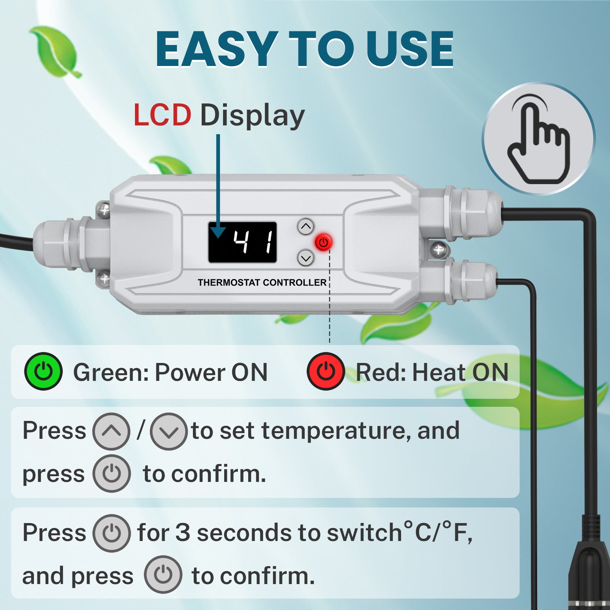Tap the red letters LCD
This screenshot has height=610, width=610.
tap(162, 115)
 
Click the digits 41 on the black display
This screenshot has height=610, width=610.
tap(254, 242)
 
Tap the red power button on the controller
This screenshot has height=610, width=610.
tap(323, 242)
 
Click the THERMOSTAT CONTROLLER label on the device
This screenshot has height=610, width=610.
tap(262, 283)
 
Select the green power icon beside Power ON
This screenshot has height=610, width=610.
tap(43, 371)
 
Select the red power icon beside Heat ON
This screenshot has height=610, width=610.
tap(326, 371)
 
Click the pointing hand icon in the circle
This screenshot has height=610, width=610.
tap(538, 139)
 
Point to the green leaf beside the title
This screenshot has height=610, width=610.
tap(56, 51)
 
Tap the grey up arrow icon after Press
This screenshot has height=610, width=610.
tap(111, 432)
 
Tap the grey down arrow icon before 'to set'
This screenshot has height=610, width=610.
tap(169, 432)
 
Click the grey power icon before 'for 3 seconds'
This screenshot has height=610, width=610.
tap(112, 533)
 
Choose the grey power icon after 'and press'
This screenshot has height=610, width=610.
tap(163, 575)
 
